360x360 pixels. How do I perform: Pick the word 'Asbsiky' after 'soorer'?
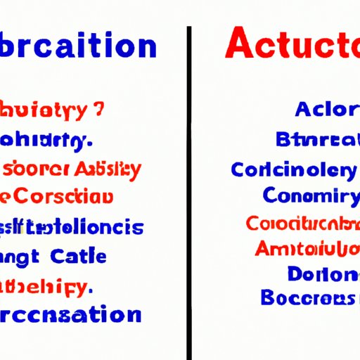pos(105,169)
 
